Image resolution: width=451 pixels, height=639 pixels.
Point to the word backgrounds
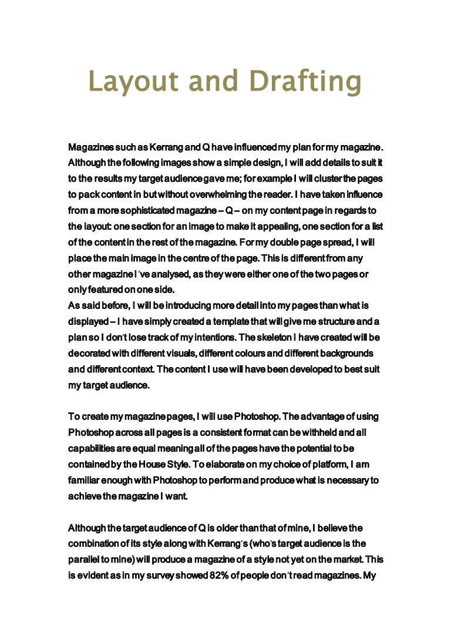(345, 353)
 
